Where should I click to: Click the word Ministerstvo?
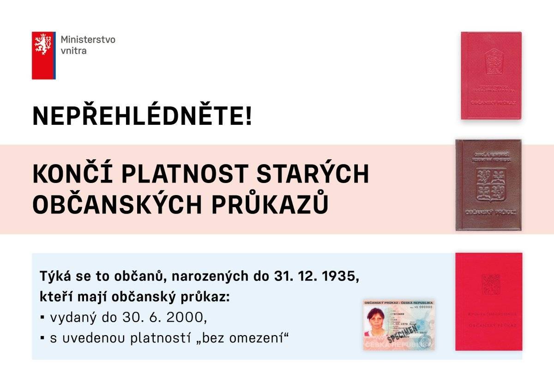click(88, 39)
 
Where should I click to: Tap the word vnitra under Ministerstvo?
click(73, 50)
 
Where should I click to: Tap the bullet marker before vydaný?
click(42, 318)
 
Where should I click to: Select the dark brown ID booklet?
click(488, 185)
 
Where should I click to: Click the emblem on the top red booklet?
click(491, 62)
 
